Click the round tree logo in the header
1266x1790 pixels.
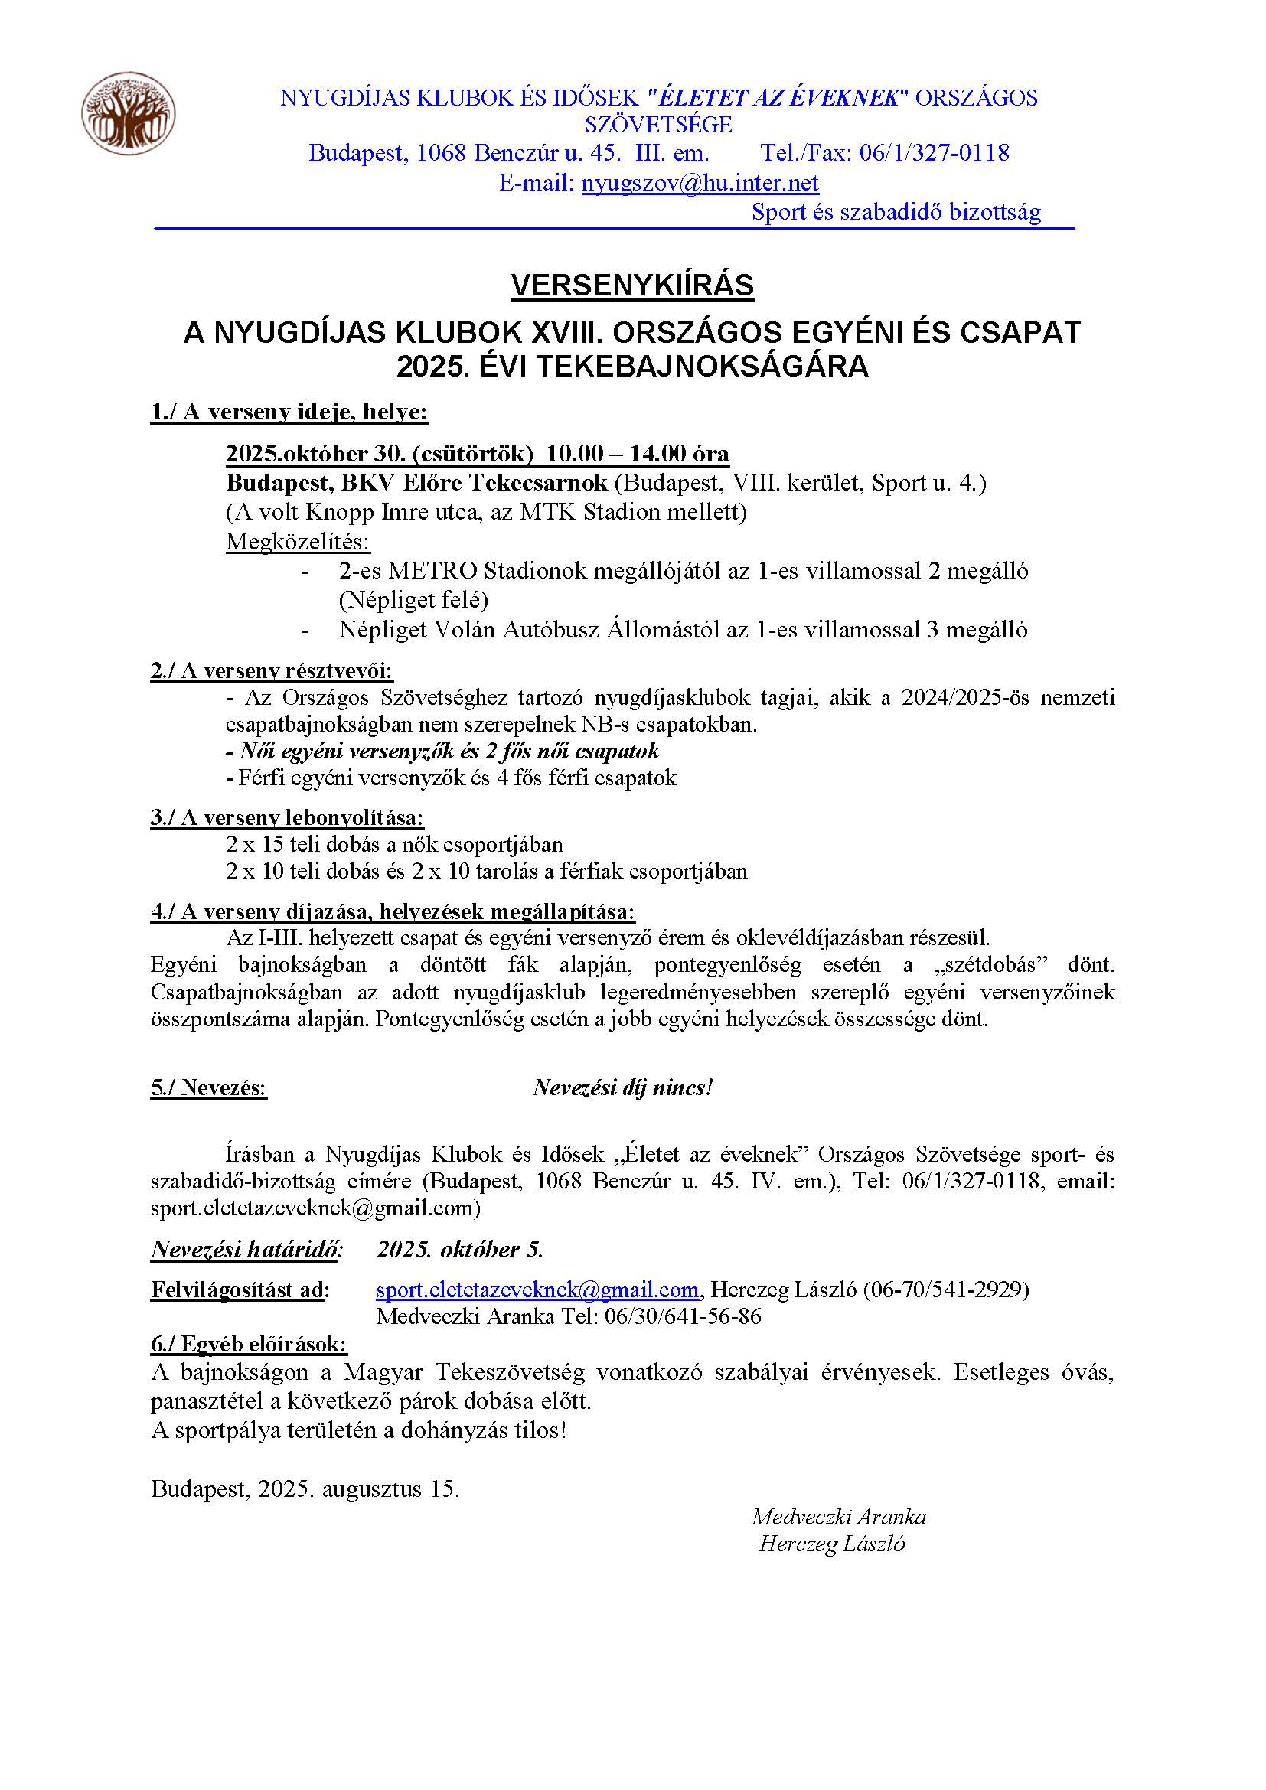pos(128,113)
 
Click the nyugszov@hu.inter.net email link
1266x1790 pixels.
pos(700,182)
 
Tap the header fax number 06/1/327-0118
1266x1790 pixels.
pos(934,152)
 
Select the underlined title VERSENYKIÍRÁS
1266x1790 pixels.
pos(632,286)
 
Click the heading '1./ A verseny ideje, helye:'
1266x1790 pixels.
pos(289,412)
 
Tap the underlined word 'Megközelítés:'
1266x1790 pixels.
pos(298,541)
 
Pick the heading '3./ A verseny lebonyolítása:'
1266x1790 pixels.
pos(287,818)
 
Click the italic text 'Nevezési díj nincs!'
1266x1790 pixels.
pos(622,1087)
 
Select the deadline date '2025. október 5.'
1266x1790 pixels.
pos(460,1250)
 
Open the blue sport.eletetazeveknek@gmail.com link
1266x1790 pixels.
pos(537,1290)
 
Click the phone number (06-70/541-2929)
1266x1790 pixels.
pos(945,1290)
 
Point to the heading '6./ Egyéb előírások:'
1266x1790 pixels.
pos(250,1344)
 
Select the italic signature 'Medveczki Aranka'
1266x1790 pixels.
pos(838,1517)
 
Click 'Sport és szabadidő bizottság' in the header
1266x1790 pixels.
pos(896,212)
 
